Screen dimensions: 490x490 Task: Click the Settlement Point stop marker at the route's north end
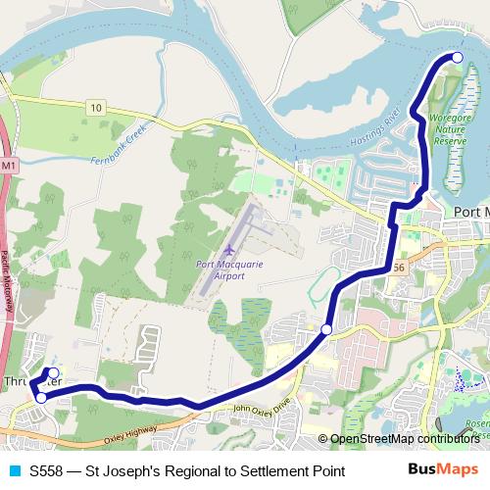457,58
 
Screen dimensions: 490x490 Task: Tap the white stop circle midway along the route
326,329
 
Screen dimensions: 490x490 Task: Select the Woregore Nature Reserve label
452,129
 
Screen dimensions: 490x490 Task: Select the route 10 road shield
94,106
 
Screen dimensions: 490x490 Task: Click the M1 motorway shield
8,167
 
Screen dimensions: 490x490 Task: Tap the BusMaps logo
442,469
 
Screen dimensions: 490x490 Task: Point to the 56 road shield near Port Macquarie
396,267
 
